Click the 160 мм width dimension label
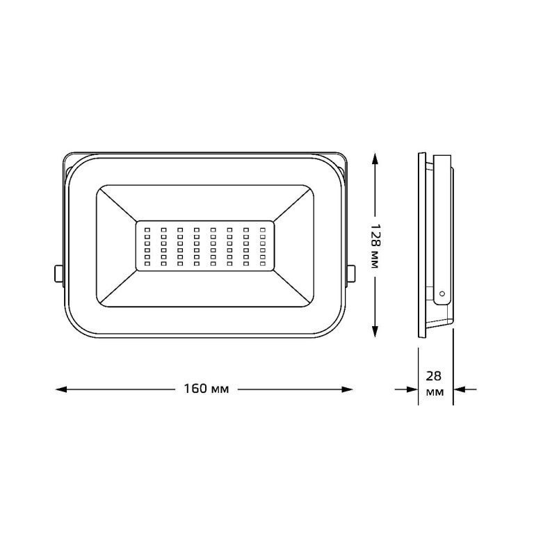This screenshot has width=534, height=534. [x=207, y=389]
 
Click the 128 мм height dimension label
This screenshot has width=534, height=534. [x=375, y=246]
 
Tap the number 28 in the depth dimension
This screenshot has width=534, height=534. [x=434, y=376]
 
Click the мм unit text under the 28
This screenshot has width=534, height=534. [x=435, y=392]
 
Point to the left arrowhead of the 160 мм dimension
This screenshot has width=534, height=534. [x=61, y=389]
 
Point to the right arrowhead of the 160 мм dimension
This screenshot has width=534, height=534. [x=347, y=389]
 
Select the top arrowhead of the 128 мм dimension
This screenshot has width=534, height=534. [x=375, y=159]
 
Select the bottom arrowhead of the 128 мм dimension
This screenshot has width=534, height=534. [x=375, y=332]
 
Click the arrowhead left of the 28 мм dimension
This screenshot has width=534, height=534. [x=412, y=389]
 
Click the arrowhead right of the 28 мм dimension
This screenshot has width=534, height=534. [x=460, y=389]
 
